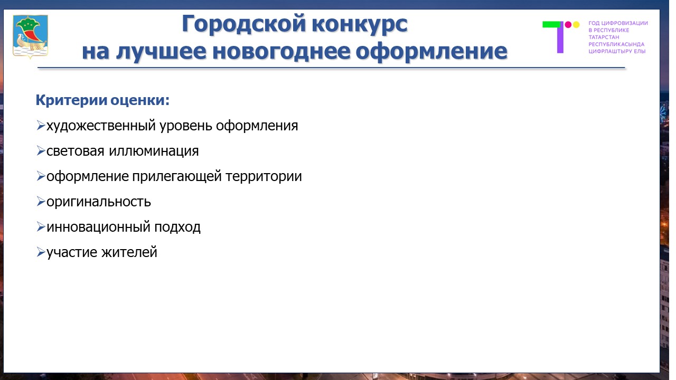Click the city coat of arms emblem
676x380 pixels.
coord(30,36)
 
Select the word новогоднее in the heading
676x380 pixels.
coord(280,51)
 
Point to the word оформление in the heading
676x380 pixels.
coord(431,52)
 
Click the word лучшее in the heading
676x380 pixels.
coord(161,52)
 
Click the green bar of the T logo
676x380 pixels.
coord(551,24)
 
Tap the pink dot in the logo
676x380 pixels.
coord(568,24)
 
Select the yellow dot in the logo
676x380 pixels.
coord(576,24)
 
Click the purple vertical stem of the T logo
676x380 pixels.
coord(560,37)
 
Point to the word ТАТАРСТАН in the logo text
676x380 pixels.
coord(604,37)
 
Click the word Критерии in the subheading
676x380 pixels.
coord(71,100)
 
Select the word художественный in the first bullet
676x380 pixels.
coord(101,126)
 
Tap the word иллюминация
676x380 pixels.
coord(154,151)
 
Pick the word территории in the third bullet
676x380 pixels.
coord(264,176)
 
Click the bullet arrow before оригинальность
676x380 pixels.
coord(41,201)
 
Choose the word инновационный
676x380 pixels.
coord(98,227)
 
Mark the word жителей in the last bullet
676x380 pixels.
coord(129,252)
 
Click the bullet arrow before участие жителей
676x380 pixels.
coord(41,252)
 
